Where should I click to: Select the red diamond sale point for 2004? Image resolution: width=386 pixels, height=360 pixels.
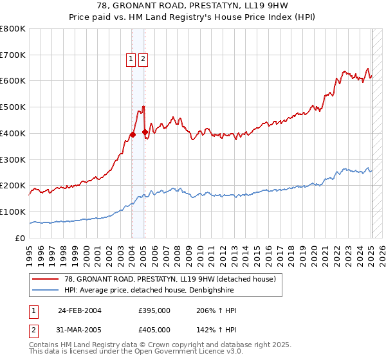point(133,134)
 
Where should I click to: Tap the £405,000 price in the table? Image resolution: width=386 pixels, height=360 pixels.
point(154,330)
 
